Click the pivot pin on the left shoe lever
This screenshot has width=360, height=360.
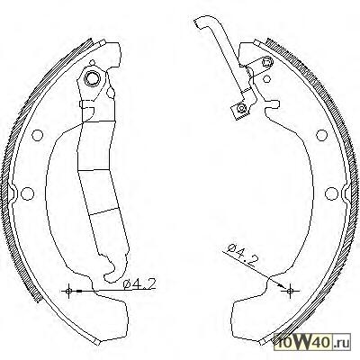[x=92, y=78]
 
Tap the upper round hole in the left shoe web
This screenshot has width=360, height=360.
[x=37, y=135]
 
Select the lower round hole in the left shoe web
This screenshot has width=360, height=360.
[x=27, y=193]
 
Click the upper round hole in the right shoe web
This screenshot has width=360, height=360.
[x=321, y=135]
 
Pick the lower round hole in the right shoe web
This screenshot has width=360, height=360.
[x=331, y=193]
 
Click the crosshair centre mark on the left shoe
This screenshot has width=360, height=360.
[x=68, y=291]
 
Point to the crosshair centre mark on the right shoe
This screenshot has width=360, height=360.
[x=290, y=291]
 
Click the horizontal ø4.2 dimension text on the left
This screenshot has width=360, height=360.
[x=139, y=283]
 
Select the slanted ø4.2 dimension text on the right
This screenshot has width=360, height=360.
[x=242, y=256]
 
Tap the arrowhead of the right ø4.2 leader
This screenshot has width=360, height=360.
[x=282, y=285]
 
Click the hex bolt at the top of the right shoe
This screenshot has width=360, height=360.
[x=266, y=62]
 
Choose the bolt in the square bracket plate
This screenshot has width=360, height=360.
[x=241, y=108]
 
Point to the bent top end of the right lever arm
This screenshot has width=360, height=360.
[x=202, y=22]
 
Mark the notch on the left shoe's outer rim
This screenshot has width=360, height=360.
[x=13, y=193]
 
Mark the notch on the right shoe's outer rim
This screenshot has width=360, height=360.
[x=346, y=193]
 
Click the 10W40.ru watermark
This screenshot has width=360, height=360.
[x=312, y=341]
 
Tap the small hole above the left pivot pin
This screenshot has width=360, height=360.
[x=93, y=63]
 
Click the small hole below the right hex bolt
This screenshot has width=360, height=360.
[x=266, y=79]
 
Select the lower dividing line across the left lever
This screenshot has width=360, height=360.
[x=103, y=211]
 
